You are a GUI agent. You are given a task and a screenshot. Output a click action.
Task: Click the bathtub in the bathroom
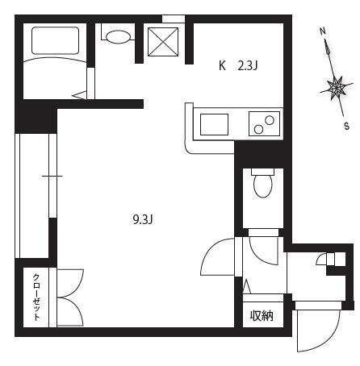55,40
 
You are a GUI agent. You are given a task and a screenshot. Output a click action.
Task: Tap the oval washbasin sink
117,37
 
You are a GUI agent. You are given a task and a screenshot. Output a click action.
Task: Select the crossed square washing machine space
163,42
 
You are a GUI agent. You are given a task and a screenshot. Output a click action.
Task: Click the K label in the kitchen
222,65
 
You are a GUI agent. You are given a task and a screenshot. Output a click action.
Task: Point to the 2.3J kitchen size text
248,65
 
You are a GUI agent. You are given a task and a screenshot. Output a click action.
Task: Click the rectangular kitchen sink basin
214,124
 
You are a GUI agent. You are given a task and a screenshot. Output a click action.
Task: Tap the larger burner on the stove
270,120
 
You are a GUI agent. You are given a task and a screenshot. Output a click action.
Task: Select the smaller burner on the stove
258,130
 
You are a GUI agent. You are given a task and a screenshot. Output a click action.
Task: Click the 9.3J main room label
143,220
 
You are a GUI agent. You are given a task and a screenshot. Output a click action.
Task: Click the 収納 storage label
262,316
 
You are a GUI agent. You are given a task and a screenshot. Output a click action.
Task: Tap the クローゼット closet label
36,297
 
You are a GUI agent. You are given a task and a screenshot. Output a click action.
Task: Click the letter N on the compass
323,31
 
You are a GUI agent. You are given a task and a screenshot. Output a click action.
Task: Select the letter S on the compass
347,126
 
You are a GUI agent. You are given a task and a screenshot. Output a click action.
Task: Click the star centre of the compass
337,87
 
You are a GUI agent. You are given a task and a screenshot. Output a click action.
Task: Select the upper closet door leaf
70,283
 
